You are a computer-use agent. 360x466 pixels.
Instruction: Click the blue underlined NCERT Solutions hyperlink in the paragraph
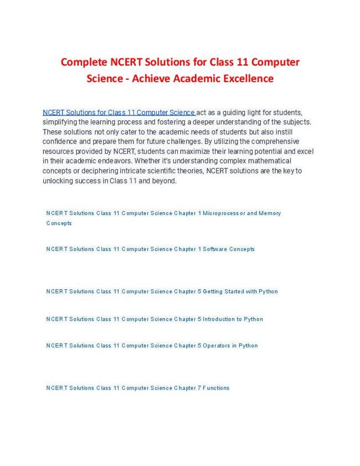(119, 112)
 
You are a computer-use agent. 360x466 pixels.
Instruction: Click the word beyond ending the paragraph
(163, 181)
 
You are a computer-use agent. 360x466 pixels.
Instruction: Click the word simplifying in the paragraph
(60, 122)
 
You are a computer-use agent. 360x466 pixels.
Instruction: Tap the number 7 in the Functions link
(199, 388)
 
